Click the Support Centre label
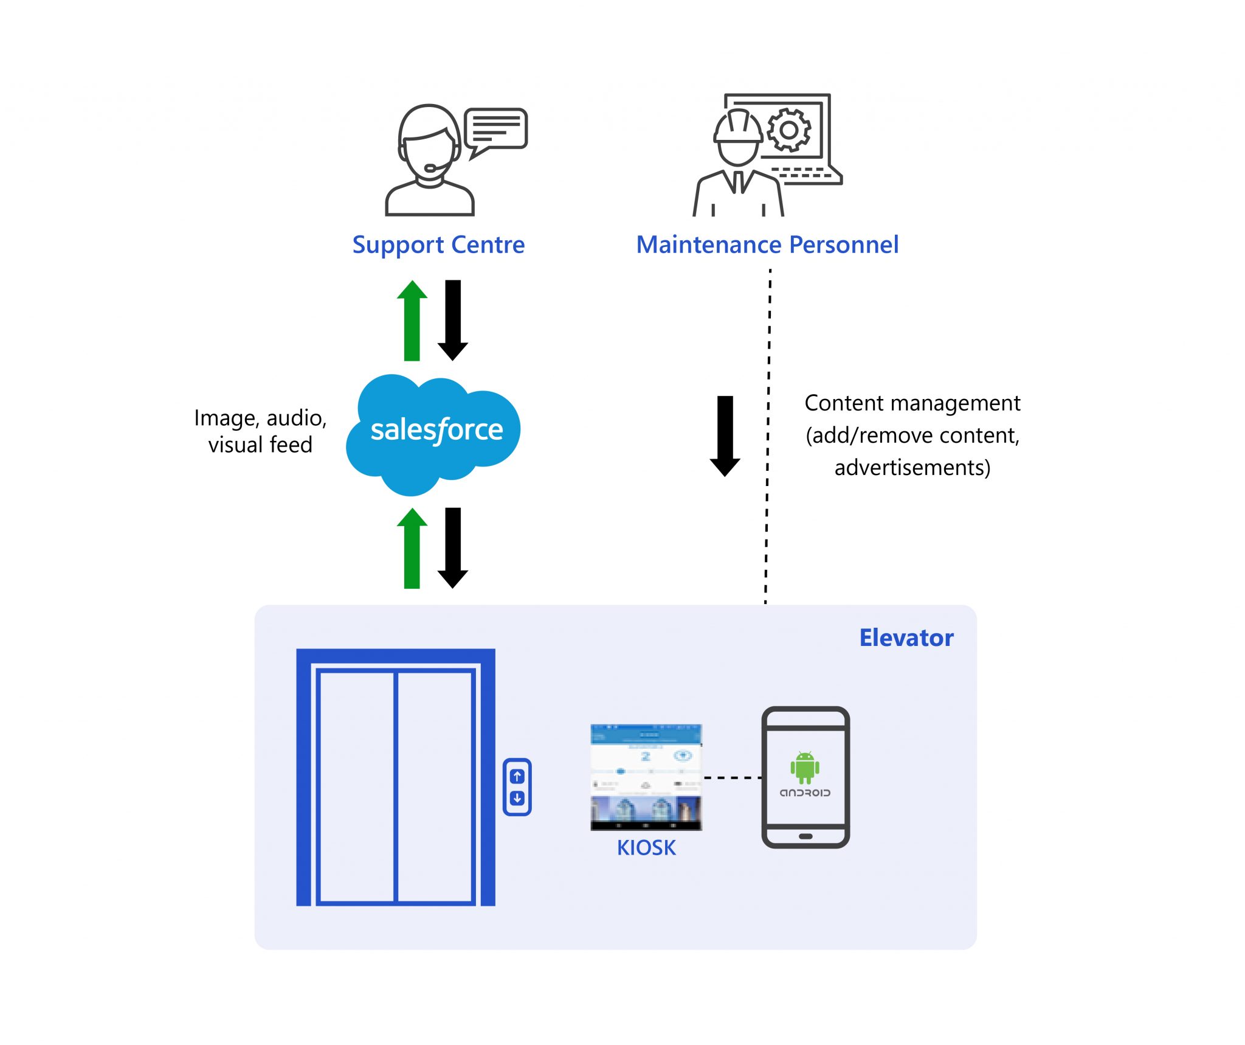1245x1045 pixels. (438, 245)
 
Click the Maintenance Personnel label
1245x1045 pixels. (767, 245)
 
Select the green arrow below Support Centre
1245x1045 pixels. (412, 321)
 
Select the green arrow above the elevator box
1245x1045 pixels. (412, 549)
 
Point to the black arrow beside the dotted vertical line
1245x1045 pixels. (725, 436)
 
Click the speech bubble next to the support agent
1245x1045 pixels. (496, 129)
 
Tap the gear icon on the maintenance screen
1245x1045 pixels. (789, 130)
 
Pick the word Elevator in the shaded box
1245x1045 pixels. (906, 637)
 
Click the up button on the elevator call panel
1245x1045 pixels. (517, 776)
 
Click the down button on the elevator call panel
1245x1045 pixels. (517, 798)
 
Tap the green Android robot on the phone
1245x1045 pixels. (805, 768)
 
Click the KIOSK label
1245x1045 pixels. (646, 848)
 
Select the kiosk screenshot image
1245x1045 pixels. (646, 777)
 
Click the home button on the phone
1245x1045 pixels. (805, 836)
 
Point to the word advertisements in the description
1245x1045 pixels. (912, 468)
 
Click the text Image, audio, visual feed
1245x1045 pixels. (260, 431)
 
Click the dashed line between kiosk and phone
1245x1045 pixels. (732, 777)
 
